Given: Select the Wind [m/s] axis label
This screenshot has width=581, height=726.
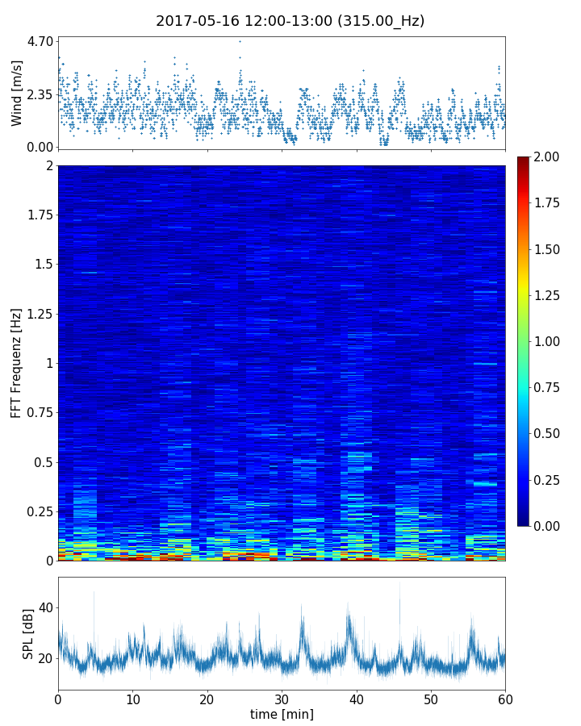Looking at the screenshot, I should point(17,93).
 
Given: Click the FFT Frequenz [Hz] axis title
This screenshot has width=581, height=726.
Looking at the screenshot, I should point(17,363).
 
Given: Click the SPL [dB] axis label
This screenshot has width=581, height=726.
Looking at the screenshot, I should point(29,633).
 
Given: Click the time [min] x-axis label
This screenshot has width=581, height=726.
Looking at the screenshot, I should point(282,714).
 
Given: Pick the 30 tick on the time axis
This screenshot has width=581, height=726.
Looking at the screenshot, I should point(282,698).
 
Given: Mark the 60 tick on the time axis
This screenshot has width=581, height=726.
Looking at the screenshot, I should point(505,698).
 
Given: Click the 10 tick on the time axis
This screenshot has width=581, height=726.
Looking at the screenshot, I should point(132,698).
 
